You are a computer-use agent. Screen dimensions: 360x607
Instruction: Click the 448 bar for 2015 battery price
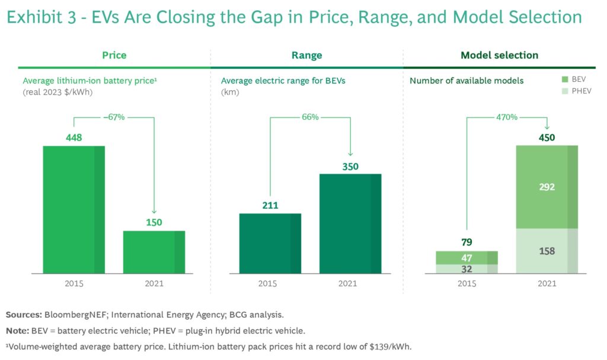click(x=74, y=209)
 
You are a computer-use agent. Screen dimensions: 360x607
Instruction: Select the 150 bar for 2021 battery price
click(x=154, y=252)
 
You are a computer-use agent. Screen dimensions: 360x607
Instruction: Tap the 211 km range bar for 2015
click(x=270, y=243)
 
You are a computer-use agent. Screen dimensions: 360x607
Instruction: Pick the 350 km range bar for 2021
click(x=350, y=224)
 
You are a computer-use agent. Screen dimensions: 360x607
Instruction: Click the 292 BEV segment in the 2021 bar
click(x=547, y=187)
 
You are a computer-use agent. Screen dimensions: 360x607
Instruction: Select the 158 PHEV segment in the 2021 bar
click(x=547, y=251)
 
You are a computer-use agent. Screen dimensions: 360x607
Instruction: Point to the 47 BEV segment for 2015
click(x=467, y=257)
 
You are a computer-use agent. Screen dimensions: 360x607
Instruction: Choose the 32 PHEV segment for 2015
click(x=467, y=269)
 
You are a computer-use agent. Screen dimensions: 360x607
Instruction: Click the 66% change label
click(x=310, y=117)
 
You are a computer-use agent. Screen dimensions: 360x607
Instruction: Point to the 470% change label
click(x=506, y=117)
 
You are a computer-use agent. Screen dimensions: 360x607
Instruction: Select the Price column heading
click(x=114, y=55)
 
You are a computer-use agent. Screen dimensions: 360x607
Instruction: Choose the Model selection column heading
click(x=499, y=55)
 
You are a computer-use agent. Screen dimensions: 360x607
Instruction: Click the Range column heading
click(x=306, y=55)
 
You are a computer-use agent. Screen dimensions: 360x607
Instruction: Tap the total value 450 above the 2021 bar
click(x=547, y=138)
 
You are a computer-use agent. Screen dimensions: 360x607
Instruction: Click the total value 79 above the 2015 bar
click(x=467, y=242)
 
